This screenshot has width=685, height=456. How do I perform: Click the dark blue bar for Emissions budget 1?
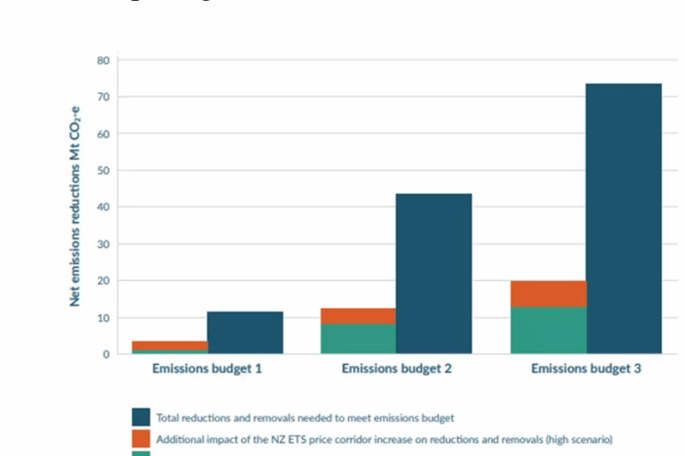pos(245,332)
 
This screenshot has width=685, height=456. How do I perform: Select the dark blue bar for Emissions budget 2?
pos(434,274)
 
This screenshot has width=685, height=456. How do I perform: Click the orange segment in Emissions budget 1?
pos(169,345)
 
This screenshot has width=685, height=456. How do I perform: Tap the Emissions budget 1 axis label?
pos(207,369)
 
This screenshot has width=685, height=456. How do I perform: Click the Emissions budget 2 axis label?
pos(396,369)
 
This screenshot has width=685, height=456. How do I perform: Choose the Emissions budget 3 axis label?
pos(586,369)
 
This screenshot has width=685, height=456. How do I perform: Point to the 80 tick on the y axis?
pos(104,60)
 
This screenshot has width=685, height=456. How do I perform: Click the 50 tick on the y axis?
pos(104,170)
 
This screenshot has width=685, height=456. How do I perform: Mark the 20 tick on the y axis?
pos(104,281)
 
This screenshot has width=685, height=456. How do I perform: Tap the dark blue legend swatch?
pos(141,418)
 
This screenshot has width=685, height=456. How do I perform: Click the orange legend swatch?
pos(141,440)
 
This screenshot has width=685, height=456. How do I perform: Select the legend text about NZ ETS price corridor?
pos(384,440)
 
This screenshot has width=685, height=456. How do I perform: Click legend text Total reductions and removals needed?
pos(305,418)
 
